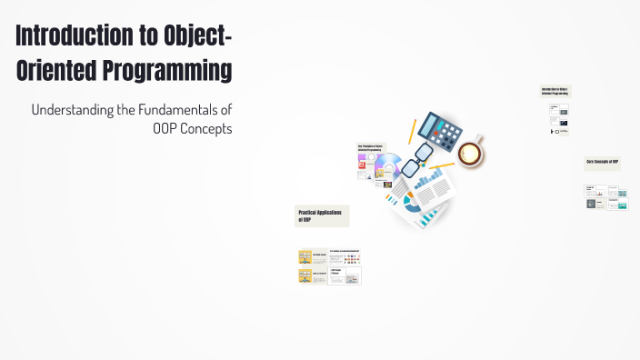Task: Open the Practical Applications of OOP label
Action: [322, 215]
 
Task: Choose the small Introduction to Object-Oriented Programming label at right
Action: [555, 91]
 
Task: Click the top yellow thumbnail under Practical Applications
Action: [305, 257]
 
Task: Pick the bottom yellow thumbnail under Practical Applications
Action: [305, 275]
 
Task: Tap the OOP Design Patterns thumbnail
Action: [345, 275]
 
